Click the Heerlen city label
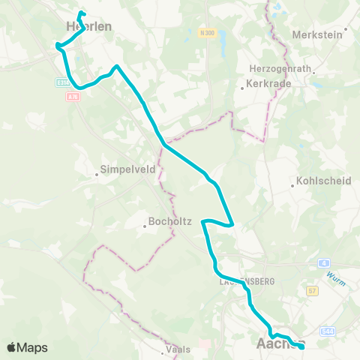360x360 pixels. [88, 26]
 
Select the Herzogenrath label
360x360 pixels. [280, 67]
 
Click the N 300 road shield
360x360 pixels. [208, 33]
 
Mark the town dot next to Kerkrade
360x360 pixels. [242, 88]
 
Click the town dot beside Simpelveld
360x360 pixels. [97, 175]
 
